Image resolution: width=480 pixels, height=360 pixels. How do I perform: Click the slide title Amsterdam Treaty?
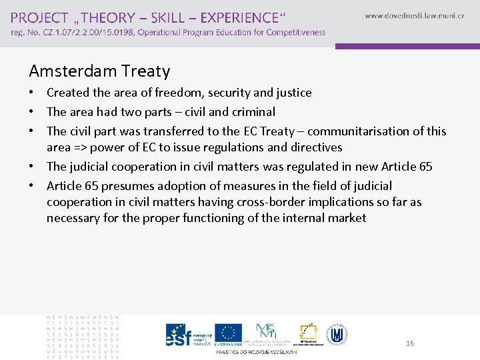click(x=99, y=71)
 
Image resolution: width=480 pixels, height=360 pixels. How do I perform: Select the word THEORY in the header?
click(x=111, y=17)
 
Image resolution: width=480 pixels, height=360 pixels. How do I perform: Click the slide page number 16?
click(x=410, y=343)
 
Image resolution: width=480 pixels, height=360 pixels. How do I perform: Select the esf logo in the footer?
click(x=179, y=335)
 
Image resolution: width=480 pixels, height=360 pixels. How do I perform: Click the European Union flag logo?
click(x=229, y=332)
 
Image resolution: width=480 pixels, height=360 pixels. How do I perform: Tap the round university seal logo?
click(x=338, y=333)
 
